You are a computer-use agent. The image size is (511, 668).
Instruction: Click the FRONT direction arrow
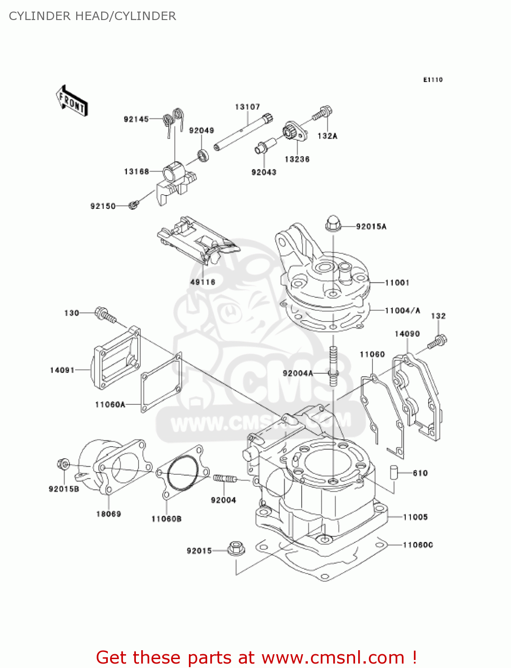[x=71, y=101]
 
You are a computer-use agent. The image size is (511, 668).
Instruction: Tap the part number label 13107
[x=247, y=107]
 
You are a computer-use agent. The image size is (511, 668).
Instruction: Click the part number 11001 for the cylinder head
[x=397, y=283]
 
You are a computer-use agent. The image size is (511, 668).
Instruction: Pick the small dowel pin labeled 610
[x=393, y=472]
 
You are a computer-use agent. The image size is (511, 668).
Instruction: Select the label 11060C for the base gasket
[x=417, y=545]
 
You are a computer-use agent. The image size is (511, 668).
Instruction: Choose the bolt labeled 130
[x=105, y=315]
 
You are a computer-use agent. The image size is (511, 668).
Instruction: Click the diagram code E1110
[x=433, y=80]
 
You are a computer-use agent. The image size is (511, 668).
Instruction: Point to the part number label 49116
[x=203, y=282]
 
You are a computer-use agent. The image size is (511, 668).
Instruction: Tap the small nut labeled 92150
[x=133, y=205]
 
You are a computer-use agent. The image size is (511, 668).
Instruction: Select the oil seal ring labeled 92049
[x=204, y=156]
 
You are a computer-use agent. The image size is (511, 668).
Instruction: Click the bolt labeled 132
[x=437, y=342]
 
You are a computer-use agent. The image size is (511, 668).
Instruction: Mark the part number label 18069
[x=108, y=514]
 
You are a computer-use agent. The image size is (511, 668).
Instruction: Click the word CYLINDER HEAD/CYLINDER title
[x=92, y=16]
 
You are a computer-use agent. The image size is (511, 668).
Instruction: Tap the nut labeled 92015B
[x=63, y=464]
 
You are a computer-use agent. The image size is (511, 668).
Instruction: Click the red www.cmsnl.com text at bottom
[x=333, y=657]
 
